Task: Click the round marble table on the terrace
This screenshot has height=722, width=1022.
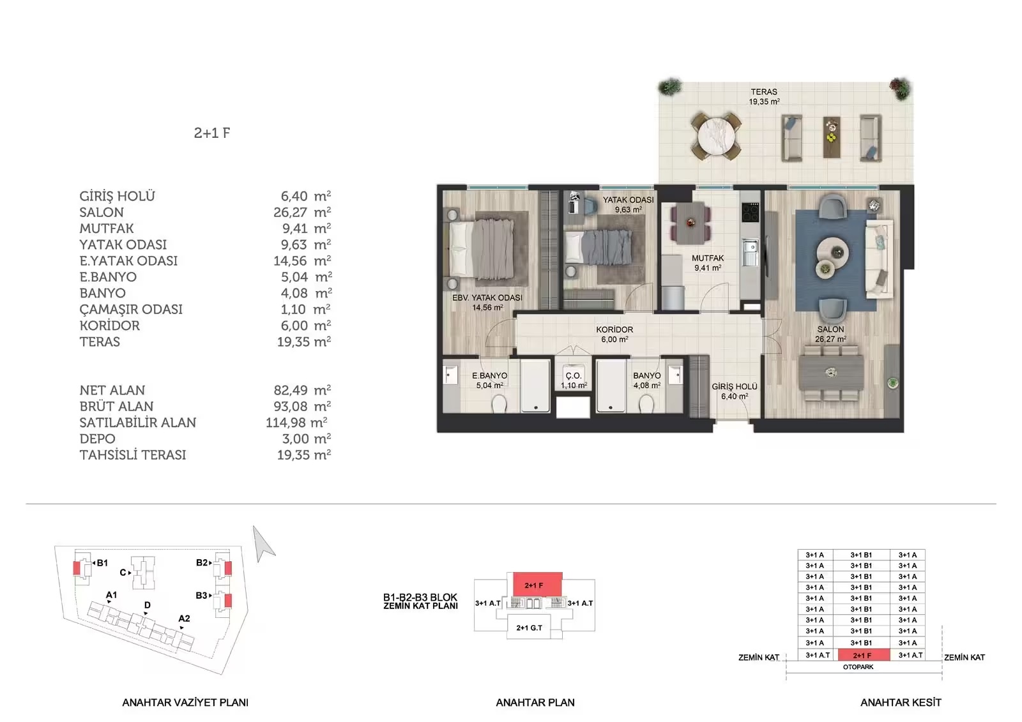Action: pos(716,137)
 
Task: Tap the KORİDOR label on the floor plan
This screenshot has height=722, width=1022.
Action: pos(614,329)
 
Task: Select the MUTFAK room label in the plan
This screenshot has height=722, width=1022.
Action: pos(708,258)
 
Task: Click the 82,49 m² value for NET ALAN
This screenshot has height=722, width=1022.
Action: pos(302,390)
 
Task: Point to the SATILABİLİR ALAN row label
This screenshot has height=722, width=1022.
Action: pos(138,423)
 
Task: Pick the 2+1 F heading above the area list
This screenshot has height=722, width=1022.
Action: pos(212,133)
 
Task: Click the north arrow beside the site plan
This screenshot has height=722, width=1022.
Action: pos(263,543)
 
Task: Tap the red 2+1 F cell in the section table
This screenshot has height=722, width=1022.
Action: pos(862,655)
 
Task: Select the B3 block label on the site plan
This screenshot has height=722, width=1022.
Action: pos(201,595)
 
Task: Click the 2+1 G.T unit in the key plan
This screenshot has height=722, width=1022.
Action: pos(530,628)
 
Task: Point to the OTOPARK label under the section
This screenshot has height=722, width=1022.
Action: pos(858,667)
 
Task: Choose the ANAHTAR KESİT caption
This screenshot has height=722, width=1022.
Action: pos(901,703)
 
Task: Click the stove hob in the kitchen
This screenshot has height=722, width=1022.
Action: pos(750,213)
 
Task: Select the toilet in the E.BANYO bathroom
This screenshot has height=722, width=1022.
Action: pos(499,403)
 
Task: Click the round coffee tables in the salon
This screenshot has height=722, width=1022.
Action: pos(831,257)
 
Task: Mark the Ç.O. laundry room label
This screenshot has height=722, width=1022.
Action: pos(574,376)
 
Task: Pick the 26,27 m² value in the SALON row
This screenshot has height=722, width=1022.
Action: pos(302,212)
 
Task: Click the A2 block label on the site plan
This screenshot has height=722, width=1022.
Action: pos(184,619)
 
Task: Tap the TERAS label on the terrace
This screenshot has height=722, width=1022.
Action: pos(764,92)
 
